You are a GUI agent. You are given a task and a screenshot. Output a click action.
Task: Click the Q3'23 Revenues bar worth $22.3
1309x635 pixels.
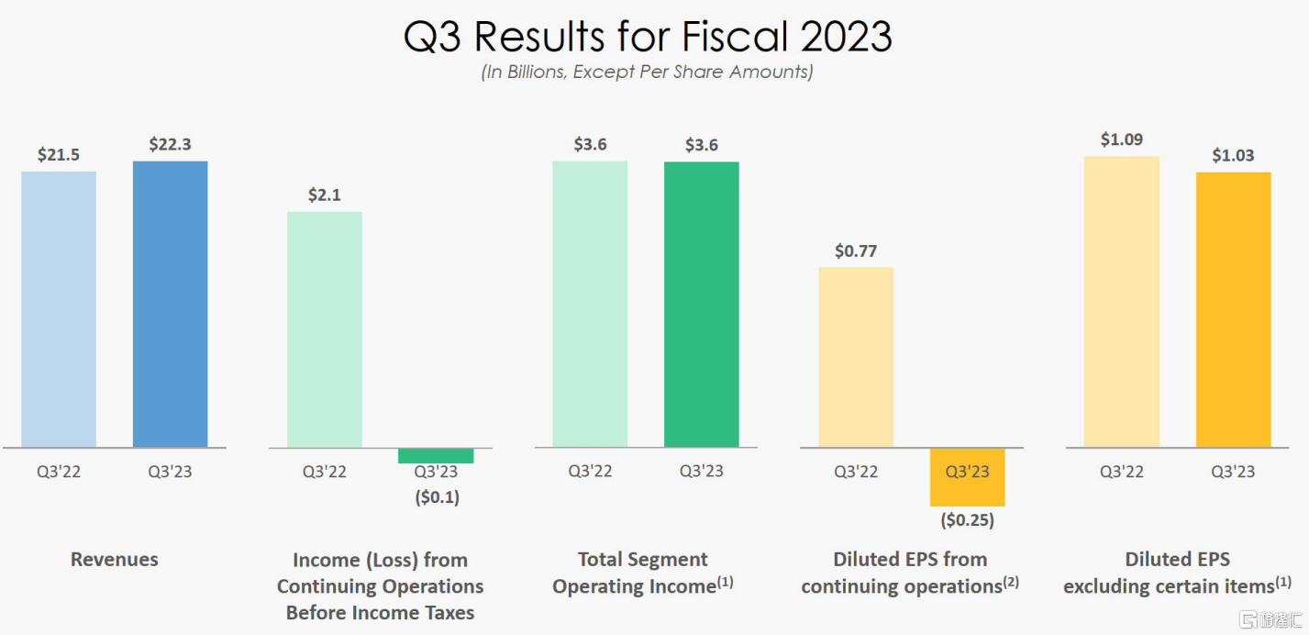click(170, 304)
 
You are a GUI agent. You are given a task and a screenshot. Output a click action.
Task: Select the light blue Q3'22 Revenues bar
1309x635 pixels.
click(59, 309)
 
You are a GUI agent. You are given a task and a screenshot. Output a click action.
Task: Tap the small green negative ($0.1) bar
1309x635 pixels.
click(436, 456)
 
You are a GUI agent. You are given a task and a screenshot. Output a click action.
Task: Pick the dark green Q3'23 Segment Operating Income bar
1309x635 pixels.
click(701, 304)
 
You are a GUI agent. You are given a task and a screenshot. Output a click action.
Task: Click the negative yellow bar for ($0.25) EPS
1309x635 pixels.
click(967, 477)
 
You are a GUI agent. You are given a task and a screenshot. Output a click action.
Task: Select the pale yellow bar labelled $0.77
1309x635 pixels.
click(856, 357)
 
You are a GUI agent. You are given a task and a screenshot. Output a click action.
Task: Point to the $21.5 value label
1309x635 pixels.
click(59, 155)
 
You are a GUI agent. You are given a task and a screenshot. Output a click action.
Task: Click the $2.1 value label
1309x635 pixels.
click(325, 195)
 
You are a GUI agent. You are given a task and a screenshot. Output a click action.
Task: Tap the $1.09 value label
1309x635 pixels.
click(1121, 139)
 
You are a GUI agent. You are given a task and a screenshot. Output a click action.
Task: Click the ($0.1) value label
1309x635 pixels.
click(436, 498)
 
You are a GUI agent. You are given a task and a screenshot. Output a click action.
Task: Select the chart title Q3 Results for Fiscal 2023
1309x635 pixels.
click(648, 37)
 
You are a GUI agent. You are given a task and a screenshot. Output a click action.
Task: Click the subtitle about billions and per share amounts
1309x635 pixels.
click(648, 72)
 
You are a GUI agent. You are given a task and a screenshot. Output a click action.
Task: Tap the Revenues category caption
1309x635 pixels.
click(115, 559)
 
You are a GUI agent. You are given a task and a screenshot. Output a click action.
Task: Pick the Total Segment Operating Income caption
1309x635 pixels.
click(643, 573)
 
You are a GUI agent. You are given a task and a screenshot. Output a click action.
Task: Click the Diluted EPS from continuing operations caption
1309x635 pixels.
click(909, 573)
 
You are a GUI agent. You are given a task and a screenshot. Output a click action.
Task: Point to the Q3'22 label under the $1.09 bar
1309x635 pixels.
click(1121, 472)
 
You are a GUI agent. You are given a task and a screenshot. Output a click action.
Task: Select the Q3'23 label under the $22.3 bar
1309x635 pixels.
click(170, 472)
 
